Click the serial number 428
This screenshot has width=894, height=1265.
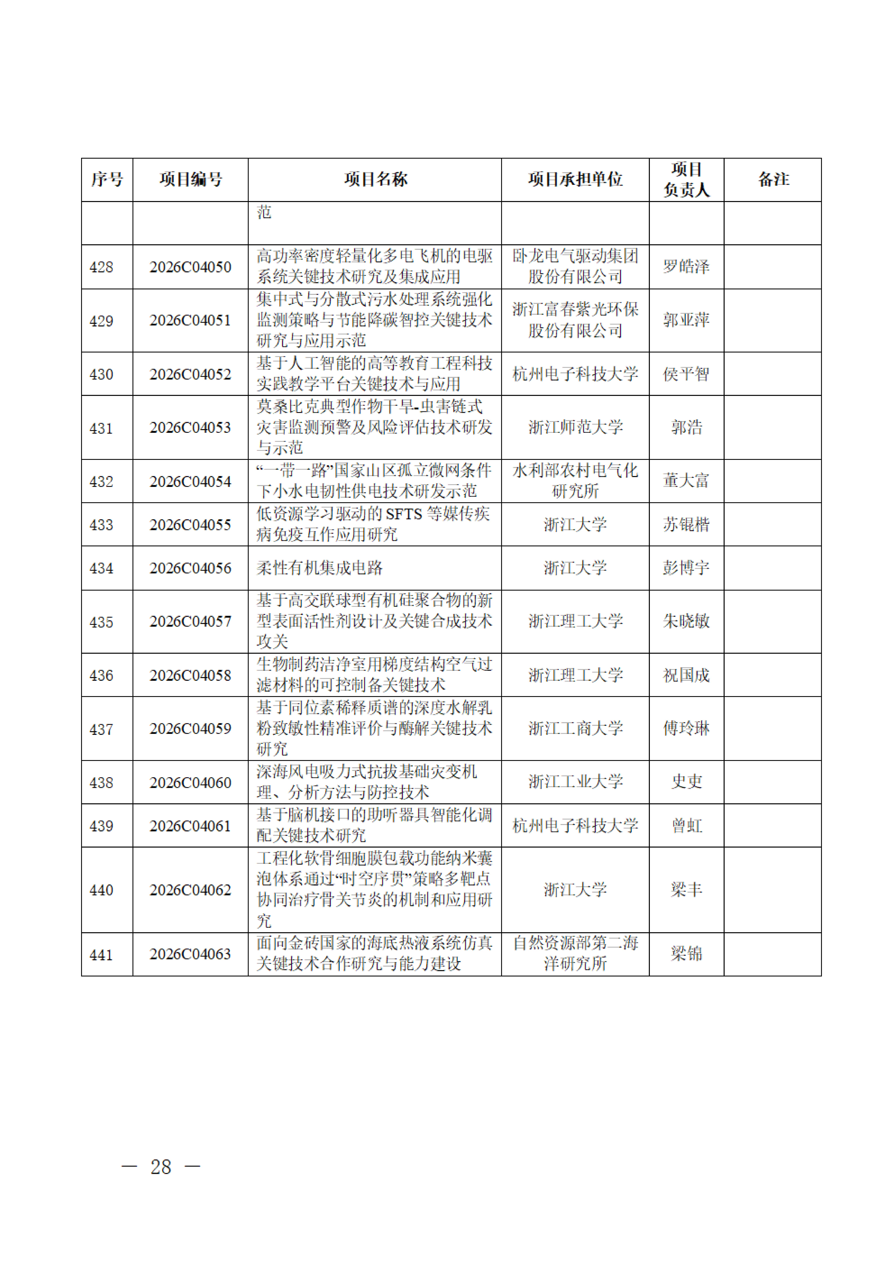(101, 267)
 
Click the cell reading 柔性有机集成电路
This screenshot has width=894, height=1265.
(319, 568)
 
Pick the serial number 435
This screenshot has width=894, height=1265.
(101, 622)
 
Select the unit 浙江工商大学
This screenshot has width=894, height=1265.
(575, 728)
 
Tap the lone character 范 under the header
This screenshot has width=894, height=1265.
(264, 212)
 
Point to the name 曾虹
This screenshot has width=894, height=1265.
(686, 825)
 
